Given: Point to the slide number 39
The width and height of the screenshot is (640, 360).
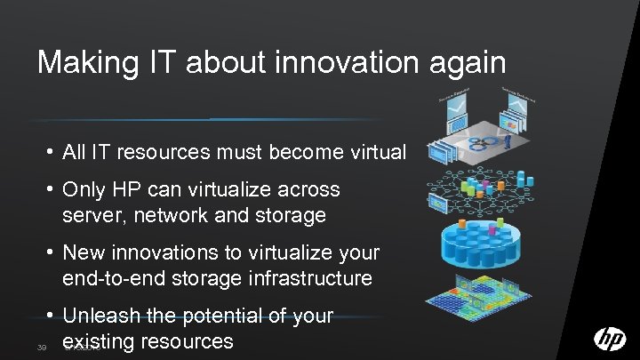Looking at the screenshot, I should [x=43, y=346].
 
